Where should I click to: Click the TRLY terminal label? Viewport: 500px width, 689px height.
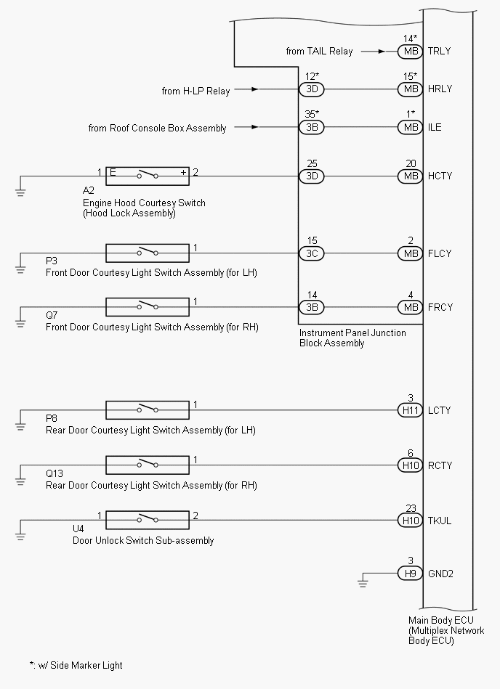pos(439,51)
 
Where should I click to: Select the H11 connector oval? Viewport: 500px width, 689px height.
pos(410,410)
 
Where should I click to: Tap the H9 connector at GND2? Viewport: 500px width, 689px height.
pos(410,573)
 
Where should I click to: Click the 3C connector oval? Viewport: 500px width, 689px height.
pos(311,253)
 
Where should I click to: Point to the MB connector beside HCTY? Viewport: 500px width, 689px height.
pos(410,176)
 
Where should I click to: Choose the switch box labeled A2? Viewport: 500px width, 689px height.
pos(148,176)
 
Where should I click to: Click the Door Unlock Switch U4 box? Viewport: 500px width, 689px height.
pos(148,520)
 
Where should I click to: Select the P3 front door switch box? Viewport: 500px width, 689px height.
pos(148,253)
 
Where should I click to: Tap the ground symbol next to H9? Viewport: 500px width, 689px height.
pos(363,583)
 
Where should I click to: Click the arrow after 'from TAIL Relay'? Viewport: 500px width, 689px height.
pos(373,52)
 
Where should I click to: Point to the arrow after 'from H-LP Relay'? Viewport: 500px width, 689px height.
pos(246,89)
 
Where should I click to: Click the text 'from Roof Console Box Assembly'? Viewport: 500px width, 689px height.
pos(157,128)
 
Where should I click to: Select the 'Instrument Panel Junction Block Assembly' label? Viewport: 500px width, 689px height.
pos(352,338)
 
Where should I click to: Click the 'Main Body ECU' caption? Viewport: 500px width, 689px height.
pos(441,620)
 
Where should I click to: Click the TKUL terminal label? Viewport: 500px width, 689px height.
pos(439,521)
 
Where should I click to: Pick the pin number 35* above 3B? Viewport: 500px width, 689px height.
pos(312,114)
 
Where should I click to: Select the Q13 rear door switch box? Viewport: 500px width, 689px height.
pos(148,465)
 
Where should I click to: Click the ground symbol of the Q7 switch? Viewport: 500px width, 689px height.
pos(20,323)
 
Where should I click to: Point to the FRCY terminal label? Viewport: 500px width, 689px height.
pos(440,307)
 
